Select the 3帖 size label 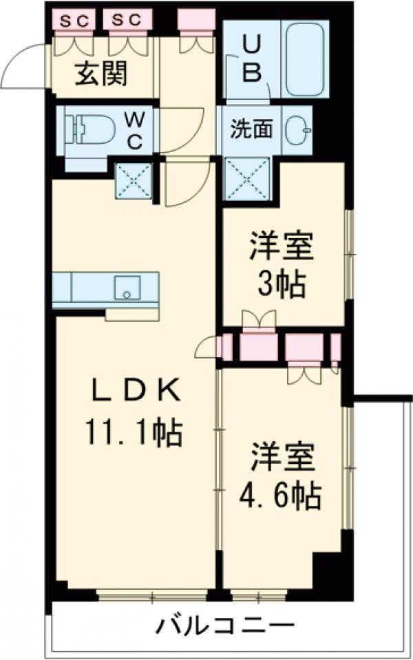[281, 284]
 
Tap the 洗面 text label [250, 129]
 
